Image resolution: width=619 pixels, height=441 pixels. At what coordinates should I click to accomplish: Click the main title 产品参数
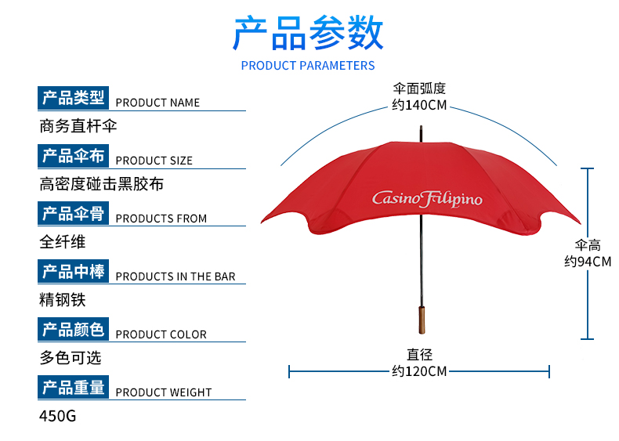coord(308,33)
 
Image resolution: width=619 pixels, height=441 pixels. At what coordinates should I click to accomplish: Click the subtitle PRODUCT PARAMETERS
coord(308,66)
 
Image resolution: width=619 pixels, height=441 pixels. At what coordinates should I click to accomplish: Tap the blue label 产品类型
coord(73,98)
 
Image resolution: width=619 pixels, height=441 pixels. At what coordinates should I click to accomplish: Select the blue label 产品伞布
coord(73,156)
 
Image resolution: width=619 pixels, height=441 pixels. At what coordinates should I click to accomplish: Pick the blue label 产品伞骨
coord(73,214)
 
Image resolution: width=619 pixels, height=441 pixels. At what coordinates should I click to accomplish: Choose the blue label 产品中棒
coord(73,272)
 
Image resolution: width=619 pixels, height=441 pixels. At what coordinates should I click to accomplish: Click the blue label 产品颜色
coord(73,330)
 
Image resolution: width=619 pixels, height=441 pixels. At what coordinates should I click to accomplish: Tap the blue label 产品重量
coord(73,388)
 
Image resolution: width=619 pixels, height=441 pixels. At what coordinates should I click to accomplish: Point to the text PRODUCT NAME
coord(157,103)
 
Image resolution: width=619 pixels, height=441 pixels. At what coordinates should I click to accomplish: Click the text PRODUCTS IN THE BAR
coord(176,277)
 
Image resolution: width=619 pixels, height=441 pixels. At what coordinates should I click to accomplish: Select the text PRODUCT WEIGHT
coord(164,392)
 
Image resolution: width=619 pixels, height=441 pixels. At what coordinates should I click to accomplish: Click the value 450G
coord(58,416)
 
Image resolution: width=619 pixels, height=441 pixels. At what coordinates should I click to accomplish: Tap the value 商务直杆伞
coord(78,126)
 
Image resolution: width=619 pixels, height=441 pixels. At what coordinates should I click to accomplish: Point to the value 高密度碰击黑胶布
coord(102,184)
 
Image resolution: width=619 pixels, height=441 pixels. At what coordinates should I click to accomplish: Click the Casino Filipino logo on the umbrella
coord(427,198)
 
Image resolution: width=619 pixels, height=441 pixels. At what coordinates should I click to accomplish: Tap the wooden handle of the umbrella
coord(423,320)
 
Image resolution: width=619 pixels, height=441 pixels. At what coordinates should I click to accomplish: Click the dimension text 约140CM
coord(419,105)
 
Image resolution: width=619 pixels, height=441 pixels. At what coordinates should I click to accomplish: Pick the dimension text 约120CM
coord(419,371)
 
